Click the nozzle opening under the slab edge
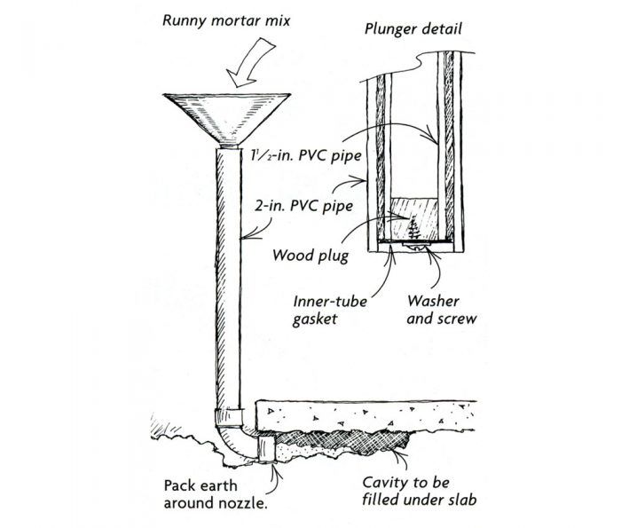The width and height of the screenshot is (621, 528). point(263,447)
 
